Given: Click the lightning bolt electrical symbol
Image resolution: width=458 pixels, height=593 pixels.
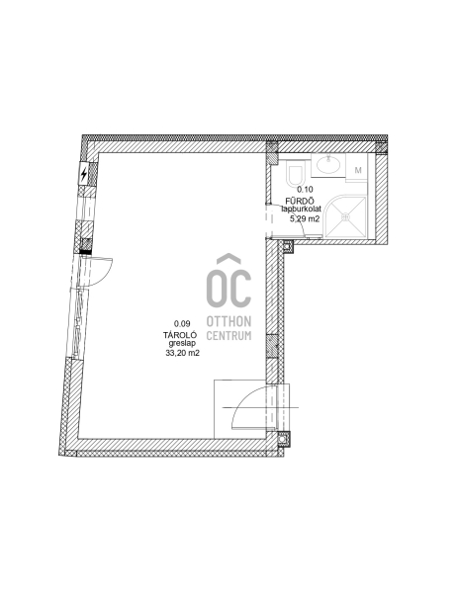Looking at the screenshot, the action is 84,174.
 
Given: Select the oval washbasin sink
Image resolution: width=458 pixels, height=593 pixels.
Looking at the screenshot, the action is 328,165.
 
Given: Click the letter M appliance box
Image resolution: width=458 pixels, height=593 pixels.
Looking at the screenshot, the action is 358,170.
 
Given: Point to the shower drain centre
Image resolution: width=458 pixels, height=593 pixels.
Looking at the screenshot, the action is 345,217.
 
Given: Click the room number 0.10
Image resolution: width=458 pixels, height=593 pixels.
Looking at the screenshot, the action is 305,190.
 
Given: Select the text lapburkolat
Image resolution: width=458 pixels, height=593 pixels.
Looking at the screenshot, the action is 302,209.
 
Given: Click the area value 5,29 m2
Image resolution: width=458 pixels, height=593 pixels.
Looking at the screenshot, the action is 305,218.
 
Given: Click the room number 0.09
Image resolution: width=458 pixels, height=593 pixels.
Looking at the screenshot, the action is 182,324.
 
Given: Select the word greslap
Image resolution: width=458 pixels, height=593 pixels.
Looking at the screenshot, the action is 182,343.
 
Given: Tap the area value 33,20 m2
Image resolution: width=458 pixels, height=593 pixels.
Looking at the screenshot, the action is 182,353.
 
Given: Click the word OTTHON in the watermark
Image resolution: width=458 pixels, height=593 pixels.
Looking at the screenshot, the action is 229,321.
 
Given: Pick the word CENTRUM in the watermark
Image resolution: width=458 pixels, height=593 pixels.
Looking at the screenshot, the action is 229,335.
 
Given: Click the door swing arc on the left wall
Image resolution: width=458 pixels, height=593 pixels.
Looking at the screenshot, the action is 107,274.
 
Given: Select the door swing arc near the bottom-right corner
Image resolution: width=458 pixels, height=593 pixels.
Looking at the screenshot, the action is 242,400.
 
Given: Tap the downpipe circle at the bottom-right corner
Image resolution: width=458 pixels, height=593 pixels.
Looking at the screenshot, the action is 282,439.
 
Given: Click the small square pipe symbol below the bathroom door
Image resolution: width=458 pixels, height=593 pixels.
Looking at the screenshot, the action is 288,246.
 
